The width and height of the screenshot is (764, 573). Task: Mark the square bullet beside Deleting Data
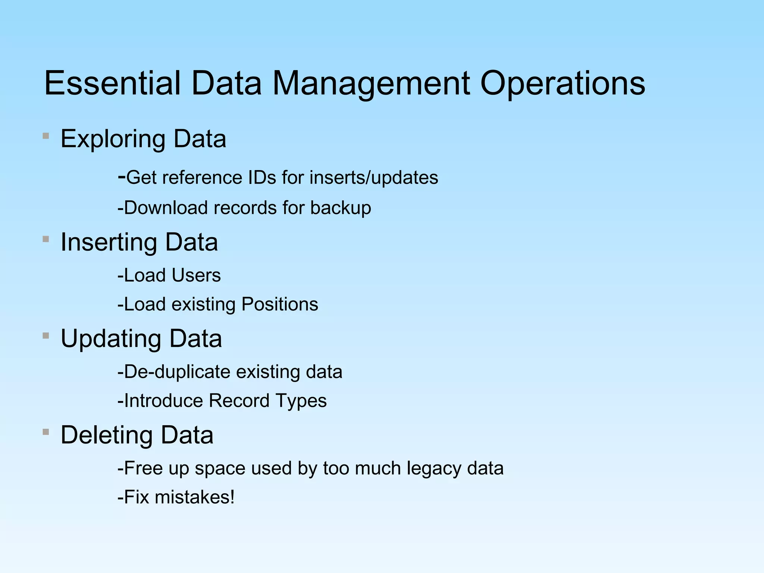tap(46, 432)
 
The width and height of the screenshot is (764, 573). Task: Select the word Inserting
tap(109, 242)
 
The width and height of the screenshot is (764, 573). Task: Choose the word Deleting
tap(107, 435)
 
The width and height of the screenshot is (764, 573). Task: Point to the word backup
tap(341, 208)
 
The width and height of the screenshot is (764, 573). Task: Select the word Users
tap(196, 275)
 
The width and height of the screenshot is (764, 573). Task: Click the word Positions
tap(280, 304)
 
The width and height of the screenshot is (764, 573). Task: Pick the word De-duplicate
tap(177, 372)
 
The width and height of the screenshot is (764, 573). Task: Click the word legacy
tap(434, 469)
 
